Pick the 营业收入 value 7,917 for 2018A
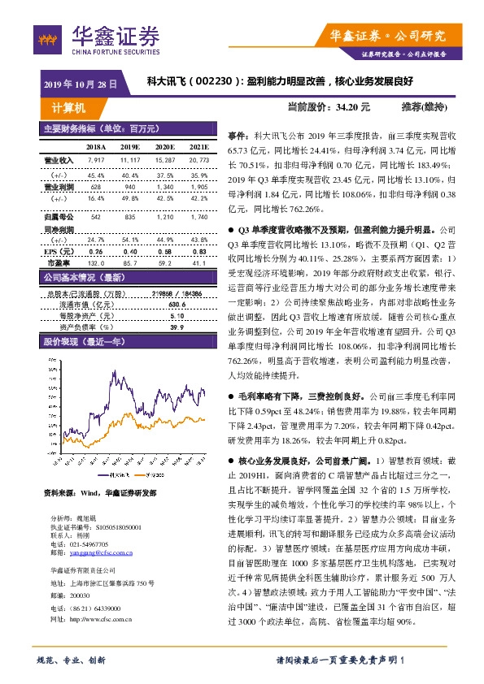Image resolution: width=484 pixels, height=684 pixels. (96, 161)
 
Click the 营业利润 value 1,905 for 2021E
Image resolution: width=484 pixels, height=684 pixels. (198, 187)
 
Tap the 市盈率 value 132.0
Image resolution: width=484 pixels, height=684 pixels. (96, 240)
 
